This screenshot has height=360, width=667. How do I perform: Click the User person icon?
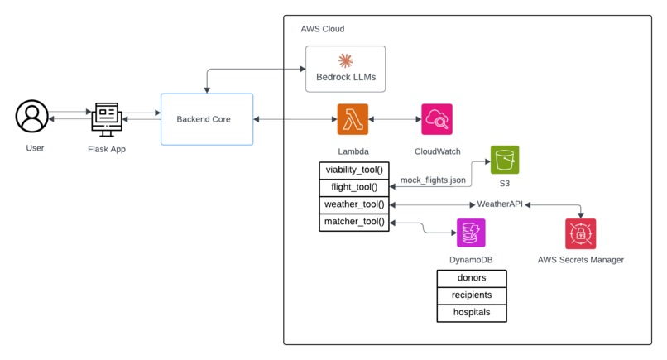click(x=32, y=116)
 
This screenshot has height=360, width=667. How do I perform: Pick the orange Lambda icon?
click(x=353, y=119)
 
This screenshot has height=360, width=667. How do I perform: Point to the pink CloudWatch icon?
click(x=436, y=119)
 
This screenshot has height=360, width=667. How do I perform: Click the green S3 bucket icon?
click(x=504, y=160)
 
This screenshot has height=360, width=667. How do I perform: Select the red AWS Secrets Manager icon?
click(x=580, y=233)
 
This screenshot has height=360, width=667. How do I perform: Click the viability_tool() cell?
click(x=354, y=170)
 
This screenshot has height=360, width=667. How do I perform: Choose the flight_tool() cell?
click(x=354, y=187)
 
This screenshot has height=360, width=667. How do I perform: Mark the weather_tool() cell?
click(x=354, y=204)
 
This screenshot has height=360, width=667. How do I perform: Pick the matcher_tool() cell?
click(x=354, y=222)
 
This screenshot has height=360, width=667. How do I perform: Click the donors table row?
click(x=471, y=277)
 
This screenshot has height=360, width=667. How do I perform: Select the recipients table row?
click(x=471, y=295)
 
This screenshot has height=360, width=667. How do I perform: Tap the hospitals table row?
click(x=471, y=313)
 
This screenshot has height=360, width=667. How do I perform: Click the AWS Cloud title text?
click(x=323, y=29)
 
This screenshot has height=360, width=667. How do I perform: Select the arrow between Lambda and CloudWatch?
click(x=395, y=119)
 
